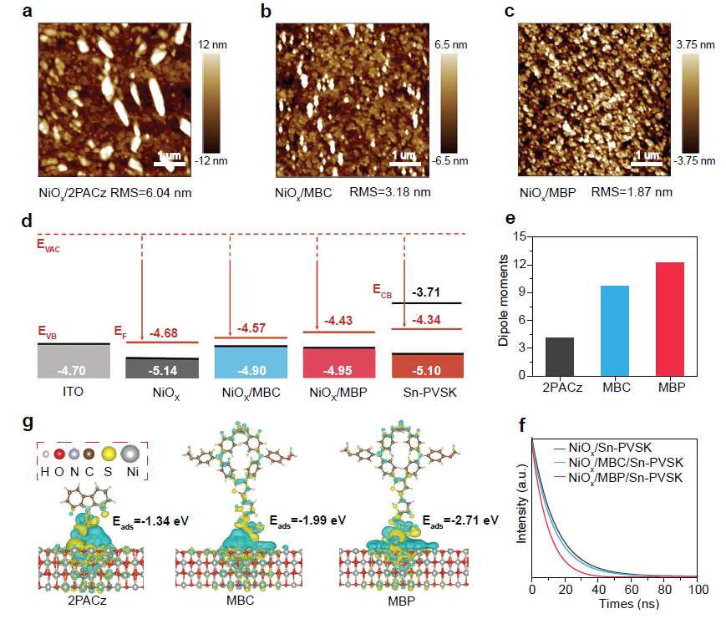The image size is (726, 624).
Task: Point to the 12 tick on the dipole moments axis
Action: [x=526, y=264]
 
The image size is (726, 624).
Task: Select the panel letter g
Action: [x=30, y=424]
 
